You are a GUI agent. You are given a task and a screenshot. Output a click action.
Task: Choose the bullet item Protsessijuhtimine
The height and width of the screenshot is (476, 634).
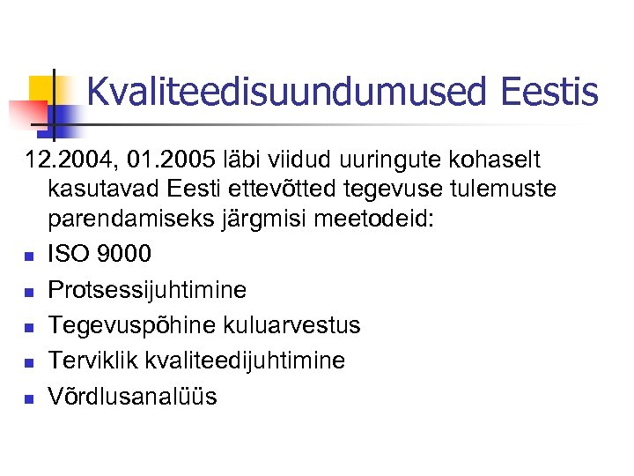click(147, 290)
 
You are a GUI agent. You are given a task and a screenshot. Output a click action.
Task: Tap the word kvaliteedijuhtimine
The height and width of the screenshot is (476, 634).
click(247, 361)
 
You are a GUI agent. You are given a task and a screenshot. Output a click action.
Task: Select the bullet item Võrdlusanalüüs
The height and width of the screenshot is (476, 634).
click(132, 396)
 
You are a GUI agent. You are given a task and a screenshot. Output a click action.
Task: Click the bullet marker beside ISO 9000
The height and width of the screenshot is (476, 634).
click(28, 257)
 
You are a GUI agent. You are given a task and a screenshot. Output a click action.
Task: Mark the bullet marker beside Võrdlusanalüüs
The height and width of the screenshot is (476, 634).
click(28, 398)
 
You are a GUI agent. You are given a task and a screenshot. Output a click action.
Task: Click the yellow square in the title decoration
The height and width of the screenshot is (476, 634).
click(41, 88)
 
